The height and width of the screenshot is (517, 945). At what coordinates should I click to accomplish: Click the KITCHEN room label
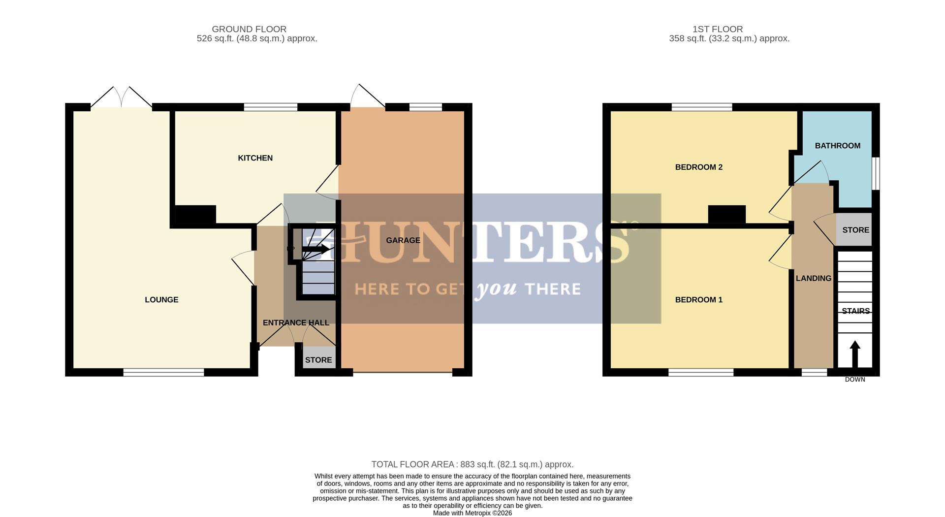pos(255,158)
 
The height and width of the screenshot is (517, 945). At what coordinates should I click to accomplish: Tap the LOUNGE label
pos(161,300)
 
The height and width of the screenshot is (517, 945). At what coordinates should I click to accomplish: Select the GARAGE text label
pos(403,240)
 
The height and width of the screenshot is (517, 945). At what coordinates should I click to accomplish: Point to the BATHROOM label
pos(837,146)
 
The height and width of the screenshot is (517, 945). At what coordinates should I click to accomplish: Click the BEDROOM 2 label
pos(698,167)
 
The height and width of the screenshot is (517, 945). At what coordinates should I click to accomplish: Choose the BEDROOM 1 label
pos(698,300)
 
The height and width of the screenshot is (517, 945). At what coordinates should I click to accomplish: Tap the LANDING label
pos(813,278)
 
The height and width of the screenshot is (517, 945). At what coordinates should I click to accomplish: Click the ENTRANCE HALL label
pos(296,323)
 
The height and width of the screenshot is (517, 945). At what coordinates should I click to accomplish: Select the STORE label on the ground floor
pos(318,360)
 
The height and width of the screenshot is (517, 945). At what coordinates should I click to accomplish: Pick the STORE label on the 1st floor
pos(855,230)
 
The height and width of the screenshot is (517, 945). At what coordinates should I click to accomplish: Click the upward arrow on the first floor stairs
pos(855,354)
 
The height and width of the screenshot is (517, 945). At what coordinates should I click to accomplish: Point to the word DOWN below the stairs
pos(855,380)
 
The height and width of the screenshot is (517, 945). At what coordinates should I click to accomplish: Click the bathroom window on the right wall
pos(876,173)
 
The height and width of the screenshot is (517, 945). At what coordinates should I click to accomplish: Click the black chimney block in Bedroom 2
pos(726,214)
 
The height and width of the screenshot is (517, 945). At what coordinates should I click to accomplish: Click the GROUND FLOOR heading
pos(249,30)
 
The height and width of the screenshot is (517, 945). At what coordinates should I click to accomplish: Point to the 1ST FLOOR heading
pos(717,30)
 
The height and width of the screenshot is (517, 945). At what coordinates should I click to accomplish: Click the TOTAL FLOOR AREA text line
pos(472,464)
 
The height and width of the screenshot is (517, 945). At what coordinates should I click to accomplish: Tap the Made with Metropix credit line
pos(472,513)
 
